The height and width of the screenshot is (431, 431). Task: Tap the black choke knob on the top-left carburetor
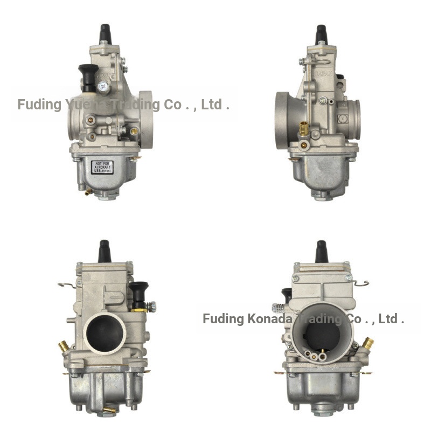[88, 75]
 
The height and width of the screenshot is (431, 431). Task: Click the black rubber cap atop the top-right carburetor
[321, 33]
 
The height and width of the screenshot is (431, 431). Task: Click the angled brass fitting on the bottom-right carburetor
[368, 343]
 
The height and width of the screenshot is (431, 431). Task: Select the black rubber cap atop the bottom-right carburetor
[321, 251]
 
